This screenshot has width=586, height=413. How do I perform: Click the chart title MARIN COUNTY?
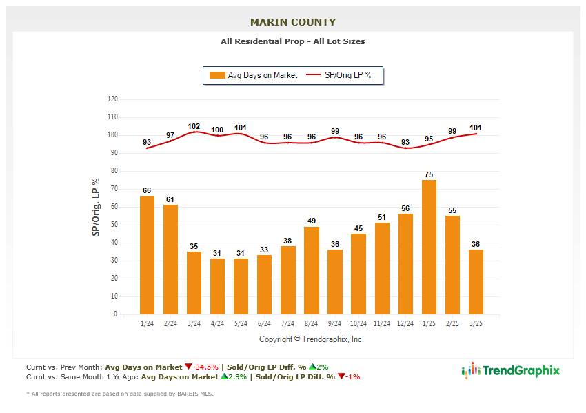click(293, 22)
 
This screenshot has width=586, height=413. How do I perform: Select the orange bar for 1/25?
click(429, 247)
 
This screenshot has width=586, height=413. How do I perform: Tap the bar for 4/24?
click(217, 286)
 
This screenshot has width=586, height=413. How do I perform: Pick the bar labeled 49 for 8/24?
click(312, 270)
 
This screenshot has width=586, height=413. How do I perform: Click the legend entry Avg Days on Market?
click(255, 75)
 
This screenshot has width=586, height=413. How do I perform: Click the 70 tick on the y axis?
click(113, 189)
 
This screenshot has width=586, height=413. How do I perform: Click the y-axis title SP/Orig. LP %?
click(96, 207)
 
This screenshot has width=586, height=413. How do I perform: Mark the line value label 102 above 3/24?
click(194, 126)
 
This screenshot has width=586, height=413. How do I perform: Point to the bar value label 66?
click(147, 190)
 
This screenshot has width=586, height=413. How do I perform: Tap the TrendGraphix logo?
click(511, 371)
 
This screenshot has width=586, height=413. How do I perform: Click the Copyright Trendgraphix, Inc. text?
click(311, 339)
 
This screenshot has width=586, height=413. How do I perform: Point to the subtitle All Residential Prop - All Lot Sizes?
click(293, 41)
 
